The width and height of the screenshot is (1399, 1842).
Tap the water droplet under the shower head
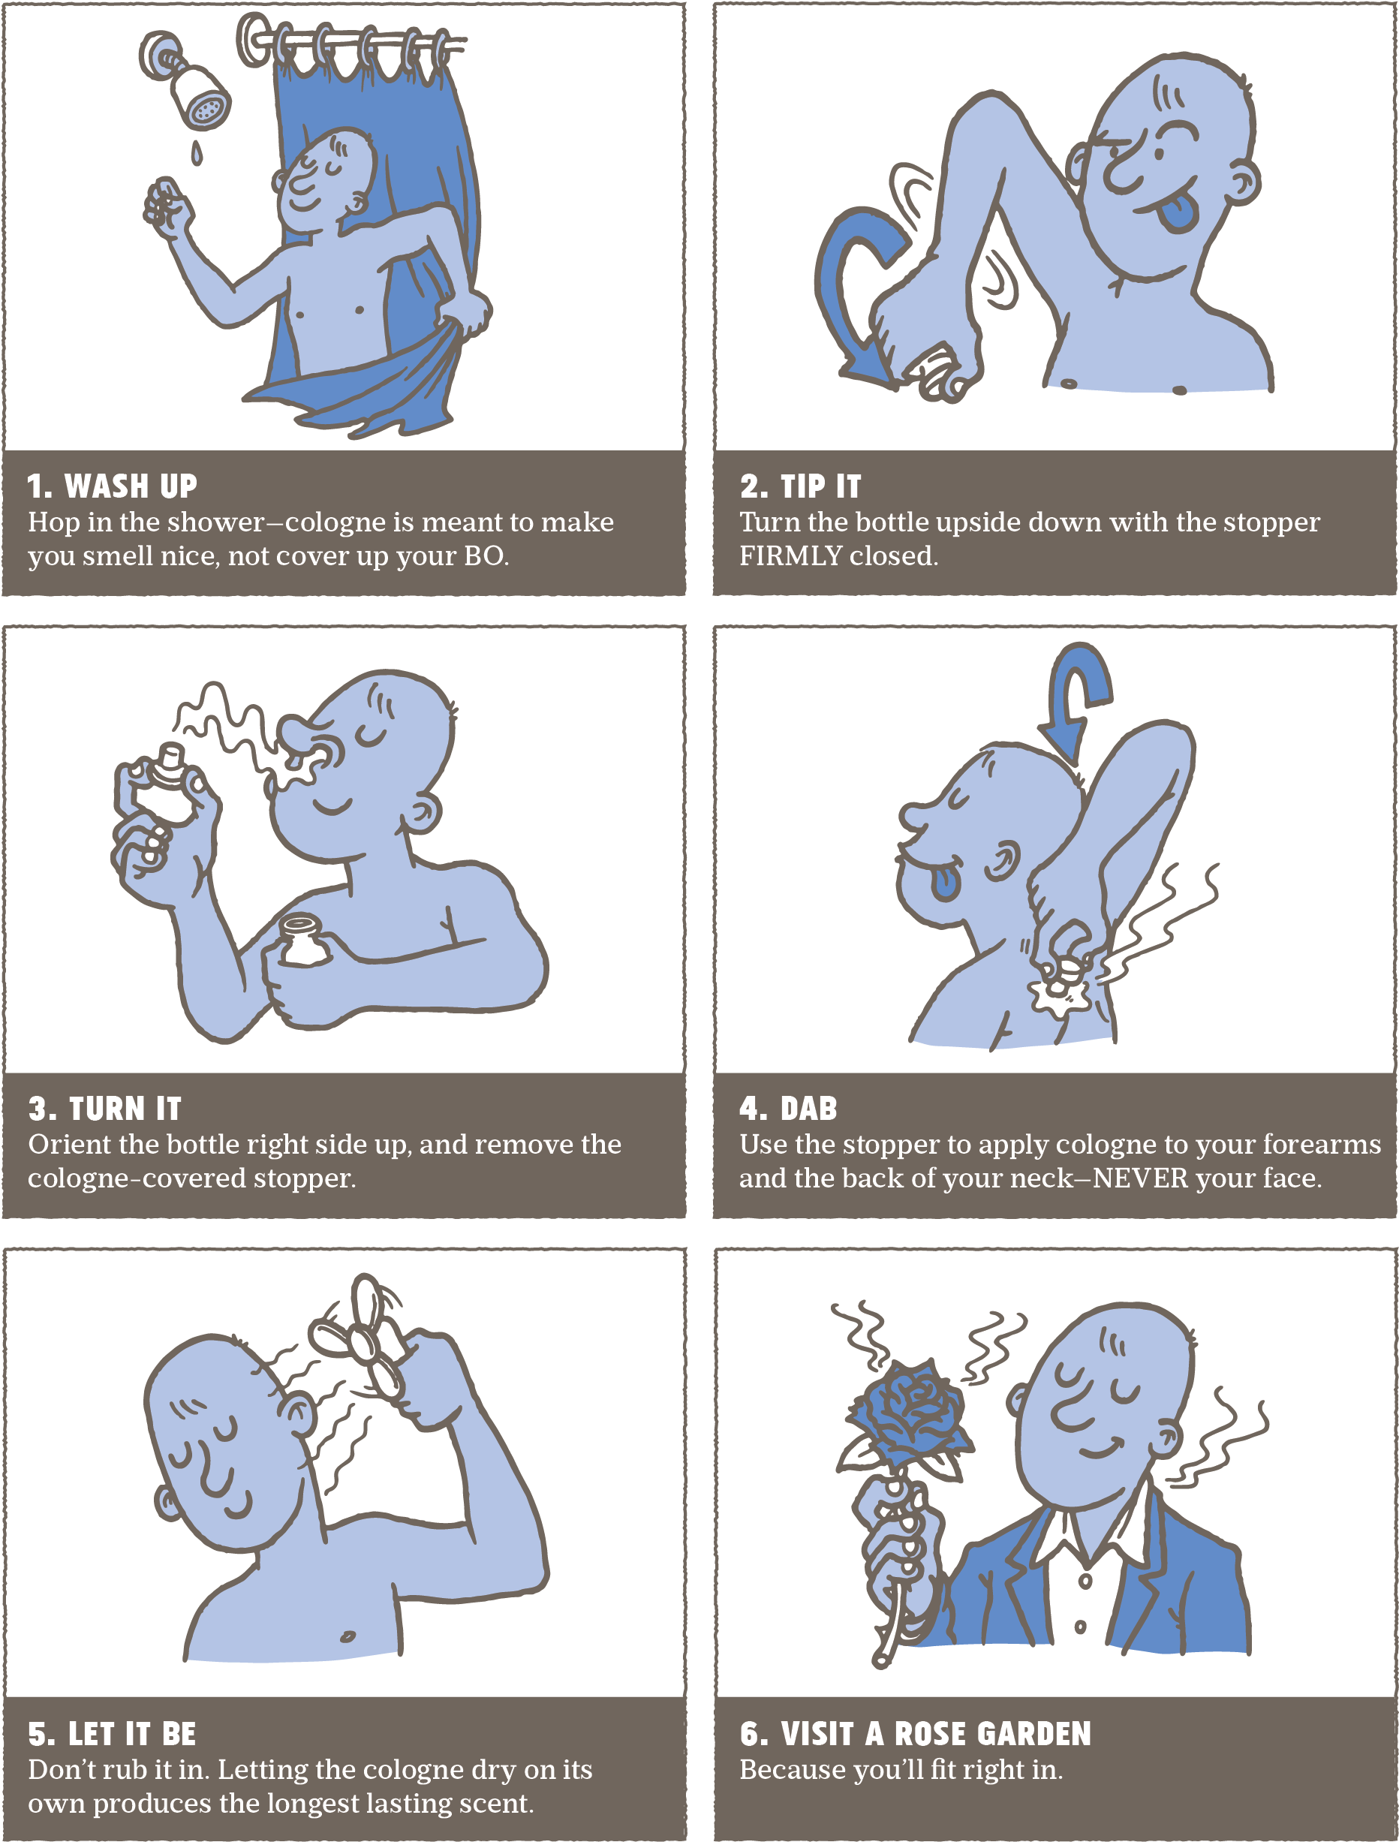coord(197,152)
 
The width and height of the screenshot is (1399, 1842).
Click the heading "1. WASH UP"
coord(113,486)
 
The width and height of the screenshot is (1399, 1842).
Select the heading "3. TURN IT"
coord(105,1109)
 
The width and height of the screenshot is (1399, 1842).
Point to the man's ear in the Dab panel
coord(1003,860)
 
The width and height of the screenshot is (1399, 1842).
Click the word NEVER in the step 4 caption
coord(1141,1178)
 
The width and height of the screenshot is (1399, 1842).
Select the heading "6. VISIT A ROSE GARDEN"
coord(915,1734)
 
